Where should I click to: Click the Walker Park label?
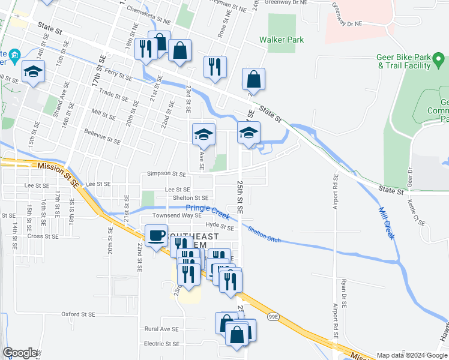click(x=282, y=40)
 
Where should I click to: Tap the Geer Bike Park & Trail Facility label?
click(x=404, y=62)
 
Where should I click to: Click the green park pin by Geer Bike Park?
click(x=439, y=60)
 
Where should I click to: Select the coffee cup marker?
click(x=157, y=235)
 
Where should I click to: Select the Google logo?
click(x=20, y=353)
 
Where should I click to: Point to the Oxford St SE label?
click(x=79, y=314)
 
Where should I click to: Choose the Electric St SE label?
click(x=161, y=344)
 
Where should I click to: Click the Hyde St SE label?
click(x=220, y=227)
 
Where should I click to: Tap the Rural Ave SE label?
click(x=161, y=329)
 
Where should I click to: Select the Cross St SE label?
click(x=43, y=236)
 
